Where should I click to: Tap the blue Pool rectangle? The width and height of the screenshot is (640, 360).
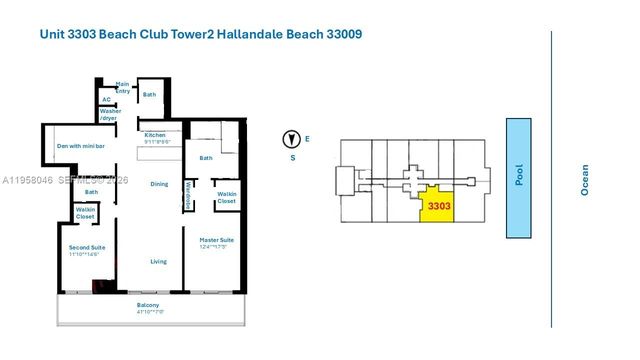519,177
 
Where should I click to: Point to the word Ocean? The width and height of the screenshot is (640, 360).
585,179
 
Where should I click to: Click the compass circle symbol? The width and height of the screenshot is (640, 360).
293,139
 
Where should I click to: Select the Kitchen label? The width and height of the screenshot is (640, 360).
154,136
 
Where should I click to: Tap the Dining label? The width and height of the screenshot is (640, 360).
159,184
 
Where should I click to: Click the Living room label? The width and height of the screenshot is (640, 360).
159,261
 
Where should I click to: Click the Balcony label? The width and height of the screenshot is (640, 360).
148,305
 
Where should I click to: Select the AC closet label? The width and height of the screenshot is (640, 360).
106,99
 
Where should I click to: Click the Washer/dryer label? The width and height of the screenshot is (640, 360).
124,115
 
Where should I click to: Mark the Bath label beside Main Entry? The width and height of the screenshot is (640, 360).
150,95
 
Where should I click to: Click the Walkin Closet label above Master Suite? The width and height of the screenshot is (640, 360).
227,198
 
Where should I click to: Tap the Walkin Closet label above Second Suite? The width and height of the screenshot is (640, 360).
86,214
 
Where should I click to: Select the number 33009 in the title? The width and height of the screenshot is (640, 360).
339,34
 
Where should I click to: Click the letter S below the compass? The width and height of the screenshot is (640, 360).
293,157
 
